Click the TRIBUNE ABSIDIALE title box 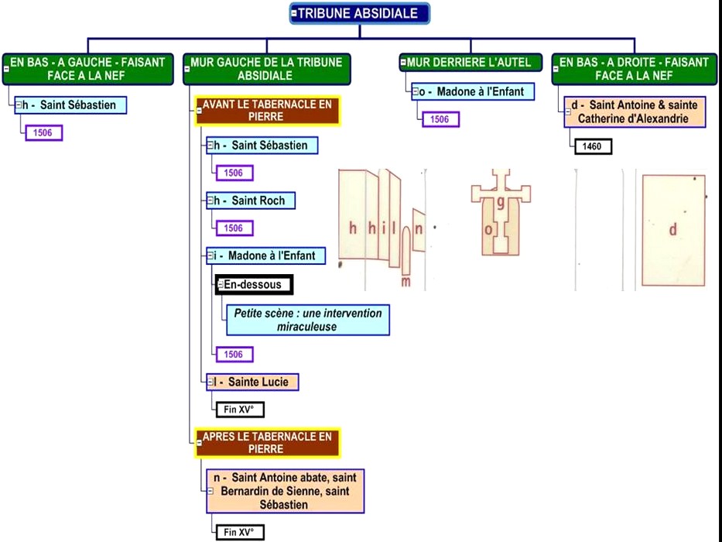359,13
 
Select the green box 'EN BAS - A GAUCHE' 87,69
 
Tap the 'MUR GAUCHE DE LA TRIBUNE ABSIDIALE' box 266,69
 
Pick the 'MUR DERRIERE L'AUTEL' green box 470,62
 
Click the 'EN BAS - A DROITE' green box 633,69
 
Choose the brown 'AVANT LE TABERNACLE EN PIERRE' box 267,110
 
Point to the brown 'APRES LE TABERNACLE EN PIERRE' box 267,443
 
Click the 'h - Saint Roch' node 251,201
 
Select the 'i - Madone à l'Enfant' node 265,256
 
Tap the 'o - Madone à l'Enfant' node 472,91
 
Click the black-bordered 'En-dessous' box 253,284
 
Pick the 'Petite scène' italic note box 307,320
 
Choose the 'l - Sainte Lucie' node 252,382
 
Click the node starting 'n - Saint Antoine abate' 285,491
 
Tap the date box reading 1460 592,146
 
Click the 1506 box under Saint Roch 234,228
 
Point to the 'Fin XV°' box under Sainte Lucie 239,409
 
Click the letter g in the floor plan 501,203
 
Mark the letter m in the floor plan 405,282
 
